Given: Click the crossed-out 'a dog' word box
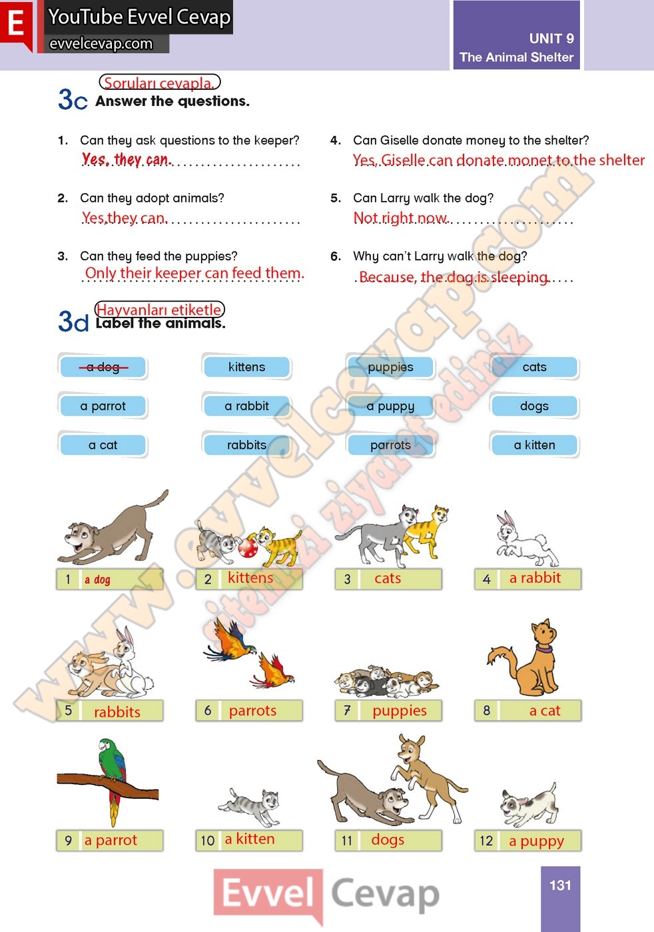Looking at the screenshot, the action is tap(103, 367).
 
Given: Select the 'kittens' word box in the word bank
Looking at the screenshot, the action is tap(247, 367).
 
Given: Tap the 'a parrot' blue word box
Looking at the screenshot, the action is tap(103, 406).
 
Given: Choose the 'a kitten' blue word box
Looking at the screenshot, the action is tap(535, 445).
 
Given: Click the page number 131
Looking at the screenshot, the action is tap(560, 885).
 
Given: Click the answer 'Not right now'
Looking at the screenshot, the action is tap(400, 218).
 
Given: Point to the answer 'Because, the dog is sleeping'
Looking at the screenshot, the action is tap(454, 277).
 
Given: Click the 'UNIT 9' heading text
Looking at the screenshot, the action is tap(551, 39).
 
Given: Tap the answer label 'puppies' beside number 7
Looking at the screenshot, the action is tap(400, 711).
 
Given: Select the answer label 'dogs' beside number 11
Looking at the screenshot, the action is tap(388, 839).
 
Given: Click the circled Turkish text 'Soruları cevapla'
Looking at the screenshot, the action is tap(159, 83).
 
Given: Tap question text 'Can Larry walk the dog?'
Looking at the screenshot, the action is tap(424, 198).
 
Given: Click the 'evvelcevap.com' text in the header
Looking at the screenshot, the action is tap(101, 44).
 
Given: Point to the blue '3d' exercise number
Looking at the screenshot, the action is tap(73, 321).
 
